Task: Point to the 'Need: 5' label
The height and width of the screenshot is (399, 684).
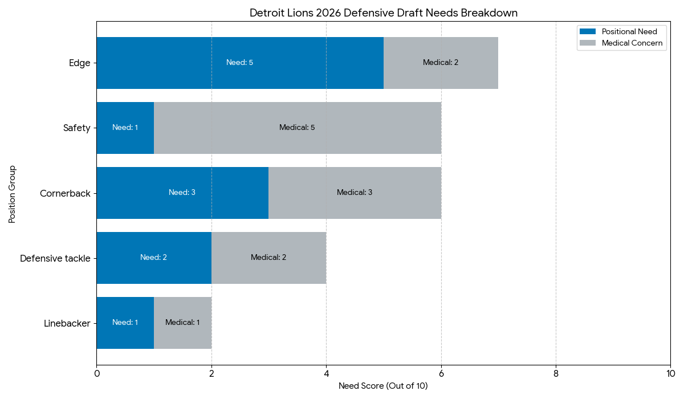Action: point(239,63)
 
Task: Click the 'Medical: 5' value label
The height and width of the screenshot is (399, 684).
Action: point(297,128)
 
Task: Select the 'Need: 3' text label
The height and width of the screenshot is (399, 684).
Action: point(182,193)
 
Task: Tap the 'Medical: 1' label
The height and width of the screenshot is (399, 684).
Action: point(182,323)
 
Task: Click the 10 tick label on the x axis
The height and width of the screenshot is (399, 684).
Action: point(670,374)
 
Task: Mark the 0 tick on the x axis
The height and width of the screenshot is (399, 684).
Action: point(97,374)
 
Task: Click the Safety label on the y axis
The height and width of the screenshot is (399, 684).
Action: point(77,128)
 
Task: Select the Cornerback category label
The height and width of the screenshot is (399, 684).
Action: point(65,194)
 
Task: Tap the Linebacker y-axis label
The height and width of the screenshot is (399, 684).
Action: point(67,324)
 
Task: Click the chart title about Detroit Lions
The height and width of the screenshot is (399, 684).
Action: point(383,13)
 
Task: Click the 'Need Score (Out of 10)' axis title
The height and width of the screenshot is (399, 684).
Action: point(383,386)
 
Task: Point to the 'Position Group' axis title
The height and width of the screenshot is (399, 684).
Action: point(12,194)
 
